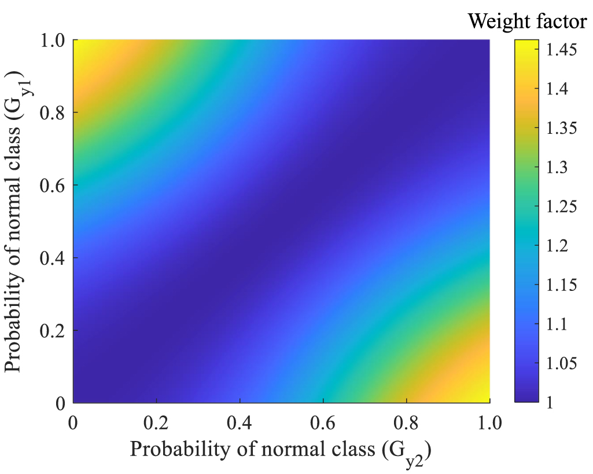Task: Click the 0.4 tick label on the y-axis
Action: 52,258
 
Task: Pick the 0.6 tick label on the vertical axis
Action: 52,185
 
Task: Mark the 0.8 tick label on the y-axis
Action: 52,113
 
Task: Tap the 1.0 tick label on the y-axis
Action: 52,41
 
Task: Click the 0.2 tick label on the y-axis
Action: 52,331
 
